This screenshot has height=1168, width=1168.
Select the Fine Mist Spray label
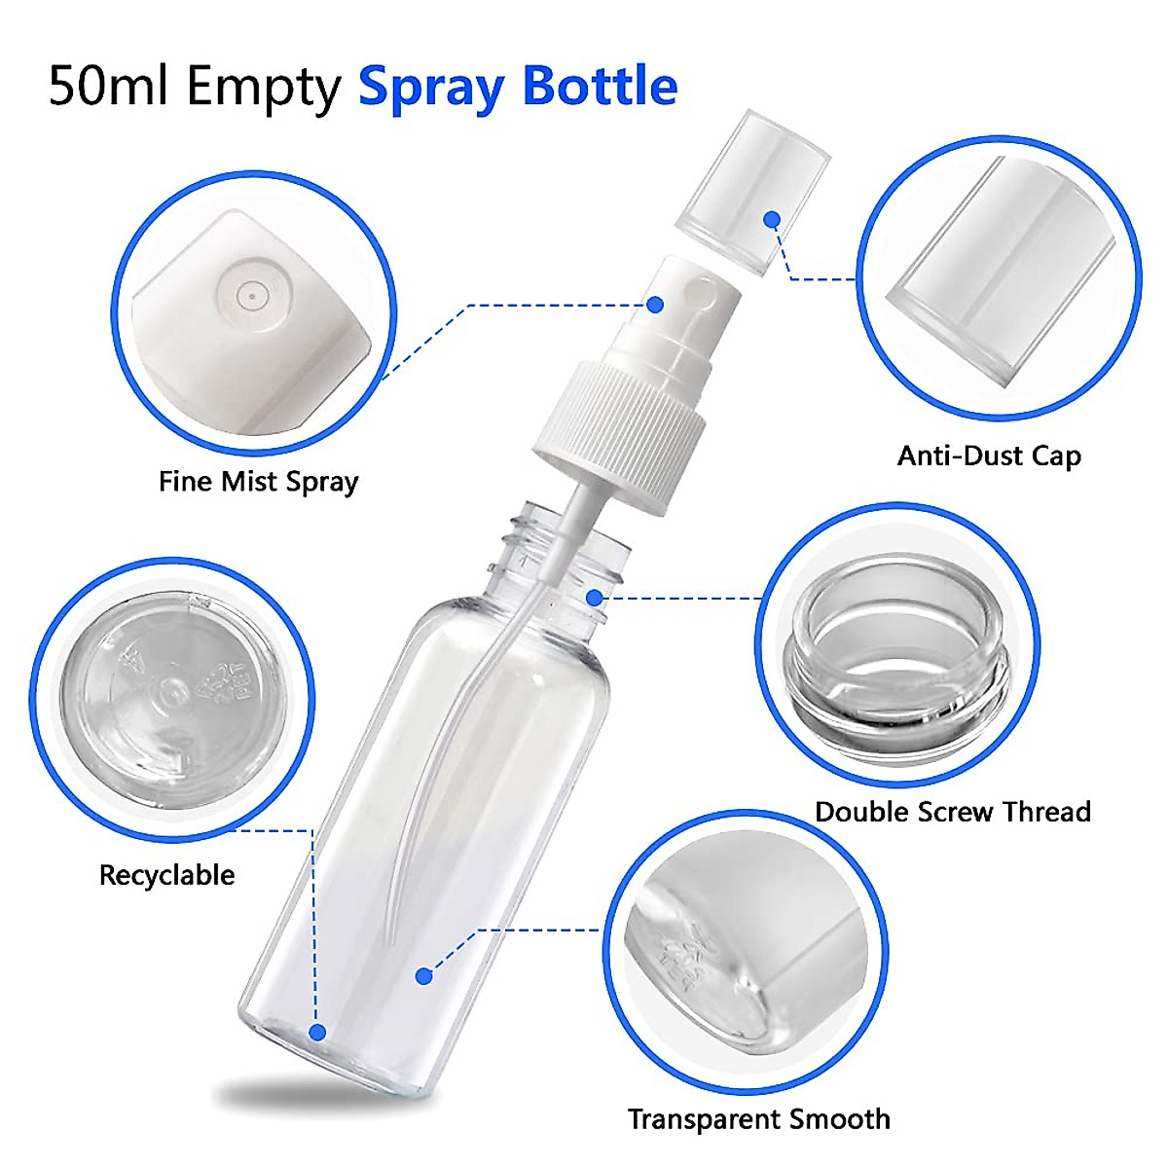point(258,482)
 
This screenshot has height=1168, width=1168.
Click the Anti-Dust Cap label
point(989,456)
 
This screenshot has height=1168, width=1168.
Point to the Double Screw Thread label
point(952,812)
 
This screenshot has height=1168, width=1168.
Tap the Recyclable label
point(166,875)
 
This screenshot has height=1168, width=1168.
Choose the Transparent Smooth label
point(758,1119)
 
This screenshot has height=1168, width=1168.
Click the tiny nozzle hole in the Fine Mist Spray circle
point(251,292)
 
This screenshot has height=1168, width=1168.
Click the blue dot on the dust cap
point(772,220)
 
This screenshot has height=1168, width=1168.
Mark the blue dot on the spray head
point(655,305)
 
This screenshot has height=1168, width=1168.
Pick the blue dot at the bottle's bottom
point(317,1033)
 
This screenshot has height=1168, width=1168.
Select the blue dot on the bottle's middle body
point(423,975)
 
